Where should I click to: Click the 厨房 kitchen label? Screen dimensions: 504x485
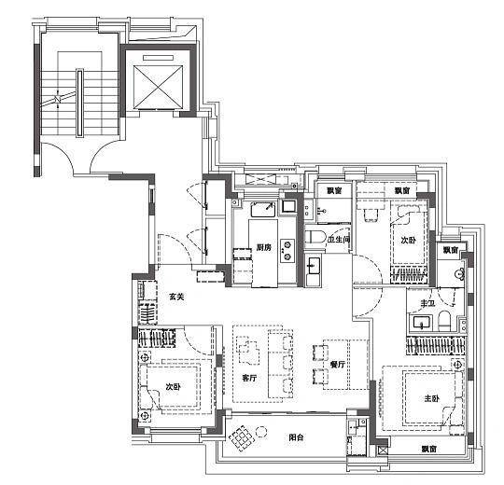(x=264, y=247)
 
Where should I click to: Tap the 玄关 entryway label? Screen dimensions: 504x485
(x=176, y=298)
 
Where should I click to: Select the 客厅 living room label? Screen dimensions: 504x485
(x=249, y=378)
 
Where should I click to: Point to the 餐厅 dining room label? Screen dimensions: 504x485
(x=338, y=365)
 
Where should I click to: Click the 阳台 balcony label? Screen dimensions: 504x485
(x=296, y=437)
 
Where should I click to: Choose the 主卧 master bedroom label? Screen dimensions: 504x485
(x=431, y=399)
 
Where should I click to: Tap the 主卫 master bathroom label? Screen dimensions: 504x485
(x=427, y=303)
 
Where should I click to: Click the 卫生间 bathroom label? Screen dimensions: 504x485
(x=339, y=240)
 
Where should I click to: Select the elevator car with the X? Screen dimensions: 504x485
(x=158, y=88)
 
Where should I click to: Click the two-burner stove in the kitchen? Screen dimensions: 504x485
(x=287, y=251)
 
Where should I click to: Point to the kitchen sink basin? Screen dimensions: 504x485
(x=263, y=210)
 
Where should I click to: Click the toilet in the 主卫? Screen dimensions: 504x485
(x=445, y=321)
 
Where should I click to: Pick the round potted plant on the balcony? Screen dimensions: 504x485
(x=261, y=432)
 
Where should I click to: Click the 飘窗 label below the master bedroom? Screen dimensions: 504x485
(x=429, y=449)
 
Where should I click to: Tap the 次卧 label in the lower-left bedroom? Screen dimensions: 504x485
(x=173, y=387)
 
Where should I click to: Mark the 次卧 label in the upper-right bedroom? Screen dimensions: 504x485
(x=408, y=241)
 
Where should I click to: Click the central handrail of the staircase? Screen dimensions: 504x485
(x=79, y=104)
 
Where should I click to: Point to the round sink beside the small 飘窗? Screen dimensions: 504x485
(x=459, y=273)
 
